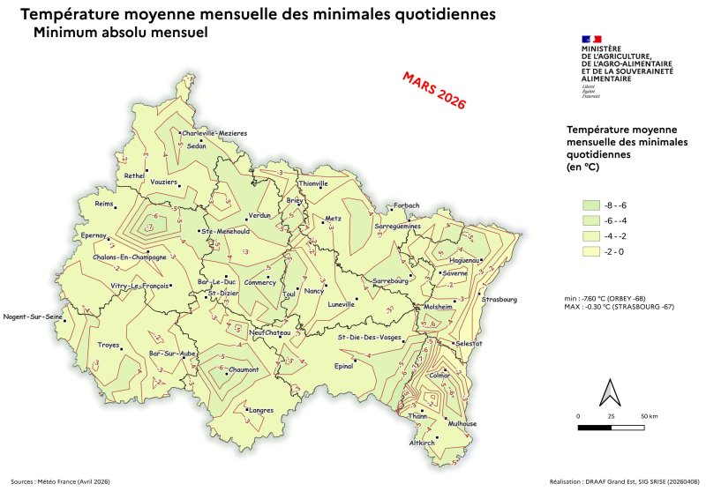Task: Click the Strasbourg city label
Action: (x=499, y=299)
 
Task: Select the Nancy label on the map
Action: (x=314, y=290)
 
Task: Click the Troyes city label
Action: (x=108, y=345)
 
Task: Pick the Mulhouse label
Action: (x=462, y=423)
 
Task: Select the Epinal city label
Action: (x=343, y=365)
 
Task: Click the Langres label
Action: (x=261, y=410)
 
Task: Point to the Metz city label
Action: (x=333, y=218)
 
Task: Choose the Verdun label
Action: (x=259, y=215)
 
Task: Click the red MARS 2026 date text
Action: (x=433, y=90)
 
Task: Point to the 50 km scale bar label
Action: (x=649, y=414)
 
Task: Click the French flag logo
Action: (x=591, y=39)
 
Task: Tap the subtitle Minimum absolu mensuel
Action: (x=119, y=34)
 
